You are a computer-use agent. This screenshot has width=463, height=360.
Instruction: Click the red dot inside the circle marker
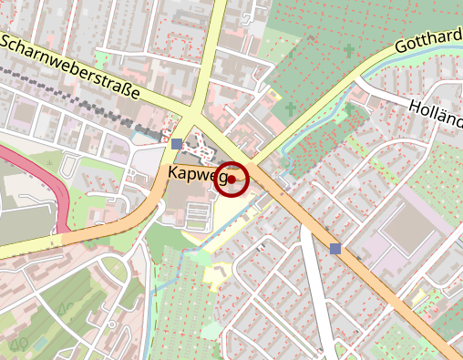[x=232, y=180]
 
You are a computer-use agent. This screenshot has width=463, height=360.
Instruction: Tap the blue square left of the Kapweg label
[x=177, y=144]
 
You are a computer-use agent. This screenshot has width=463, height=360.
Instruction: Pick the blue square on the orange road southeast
[x=335, y=248]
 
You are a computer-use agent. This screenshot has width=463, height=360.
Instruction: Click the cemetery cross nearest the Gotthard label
[x=349, y=49]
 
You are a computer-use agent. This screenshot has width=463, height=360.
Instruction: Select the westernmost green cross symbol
[x=291, y=109]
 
